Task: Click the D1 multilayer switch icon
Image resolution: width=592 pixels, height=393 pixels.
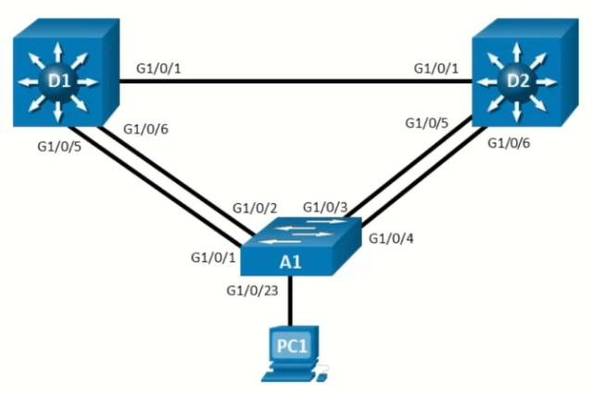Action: (x=66, y=72)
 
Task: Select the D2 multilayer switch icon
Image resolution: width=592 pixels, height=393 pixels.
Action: (x=525, y=72)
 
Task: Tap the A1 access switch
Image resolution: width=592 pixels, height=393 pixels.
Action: (x=301, y=247)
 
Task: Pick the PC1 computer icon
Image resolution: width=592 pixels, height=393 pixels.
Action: (x=295, y=353)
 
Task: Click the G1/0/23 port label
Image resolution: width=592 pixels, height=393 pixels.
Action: (x=252, y=291)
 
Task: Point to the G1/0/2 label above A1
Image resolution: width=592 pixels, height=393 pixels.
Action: (x=255, y=209)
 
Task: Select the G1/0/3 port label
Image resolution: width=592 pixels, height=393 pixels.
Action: (x=325, y=207)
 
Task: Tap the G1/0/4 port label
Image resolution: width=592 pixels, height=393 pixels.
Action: (x=391, y=238)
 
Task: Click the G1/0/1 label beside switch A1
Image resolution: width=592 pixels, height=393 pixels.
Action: (x=213, y=258)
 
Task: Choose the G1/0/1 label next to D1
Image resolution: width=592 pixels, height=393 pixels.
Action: (x=158, y=69)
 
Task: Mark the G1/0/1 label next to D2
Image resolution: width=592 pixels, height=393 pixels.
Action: (x=436, y=69)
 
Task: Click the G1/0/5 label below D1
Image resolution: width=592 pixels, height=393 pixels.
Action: (x=59, y=146)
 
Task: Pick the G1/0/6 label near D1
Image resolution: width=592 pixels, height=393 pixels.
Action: (x=145, y=129)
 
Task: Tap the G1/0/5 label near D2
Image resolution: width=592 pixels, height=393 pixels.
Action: (x=427, y=123)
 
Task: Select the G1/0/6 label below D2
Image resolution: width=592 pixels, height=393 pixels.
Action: (x=509, y=144)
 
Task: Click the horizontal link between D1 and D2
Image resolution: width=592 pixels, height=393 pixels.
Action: (x=296, y=81)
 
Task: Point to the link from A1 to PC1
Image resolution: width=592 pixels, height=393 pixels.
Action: (x=290, y=300)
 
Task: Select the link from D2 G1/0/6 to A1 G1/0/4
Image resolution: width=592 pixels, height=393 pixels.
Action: (x=424, y=176)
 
